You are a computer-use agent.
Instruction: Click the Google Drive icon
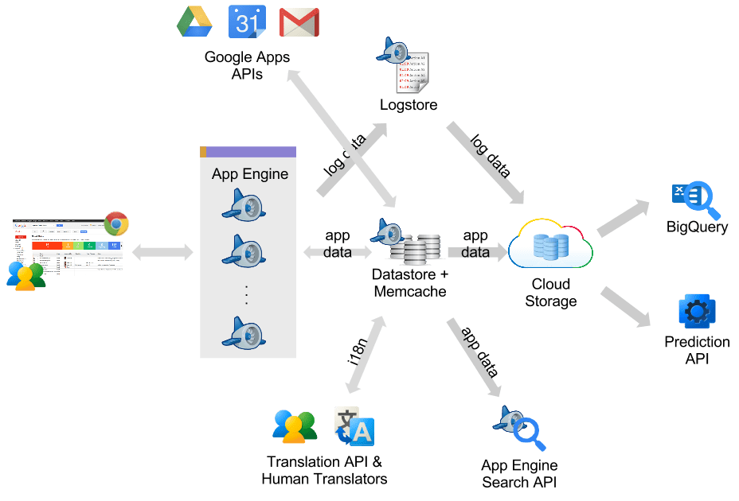point(194,21)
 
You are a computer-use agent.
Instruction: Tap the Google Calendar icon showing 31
point(247,21)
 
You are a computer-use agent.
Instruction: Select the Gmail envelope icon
point(300,22)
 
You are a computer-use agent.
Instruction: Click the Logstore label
point(409,105)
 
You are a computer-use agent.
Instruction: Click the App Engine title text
point(250,174)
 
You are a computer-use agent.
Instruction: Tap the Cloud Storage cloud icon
point(551,246)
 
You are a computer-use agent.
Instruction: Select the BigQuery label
point(698,227)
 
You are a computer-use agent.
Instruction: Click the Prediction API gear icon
point(697,312)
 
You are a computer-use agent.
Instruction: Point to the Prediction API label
point(697,350)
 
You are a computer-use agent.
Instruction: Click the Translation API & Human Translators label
point(324,470)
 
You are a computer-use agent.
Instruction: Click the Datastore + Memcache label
point(410,282)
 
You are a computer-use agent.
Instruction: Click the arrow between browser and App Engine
point(162,253)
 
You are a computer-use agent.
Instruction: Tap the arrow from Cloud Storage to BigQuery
point(626,216)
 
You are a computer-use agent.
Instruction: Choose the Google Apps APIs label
point(247,65)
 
